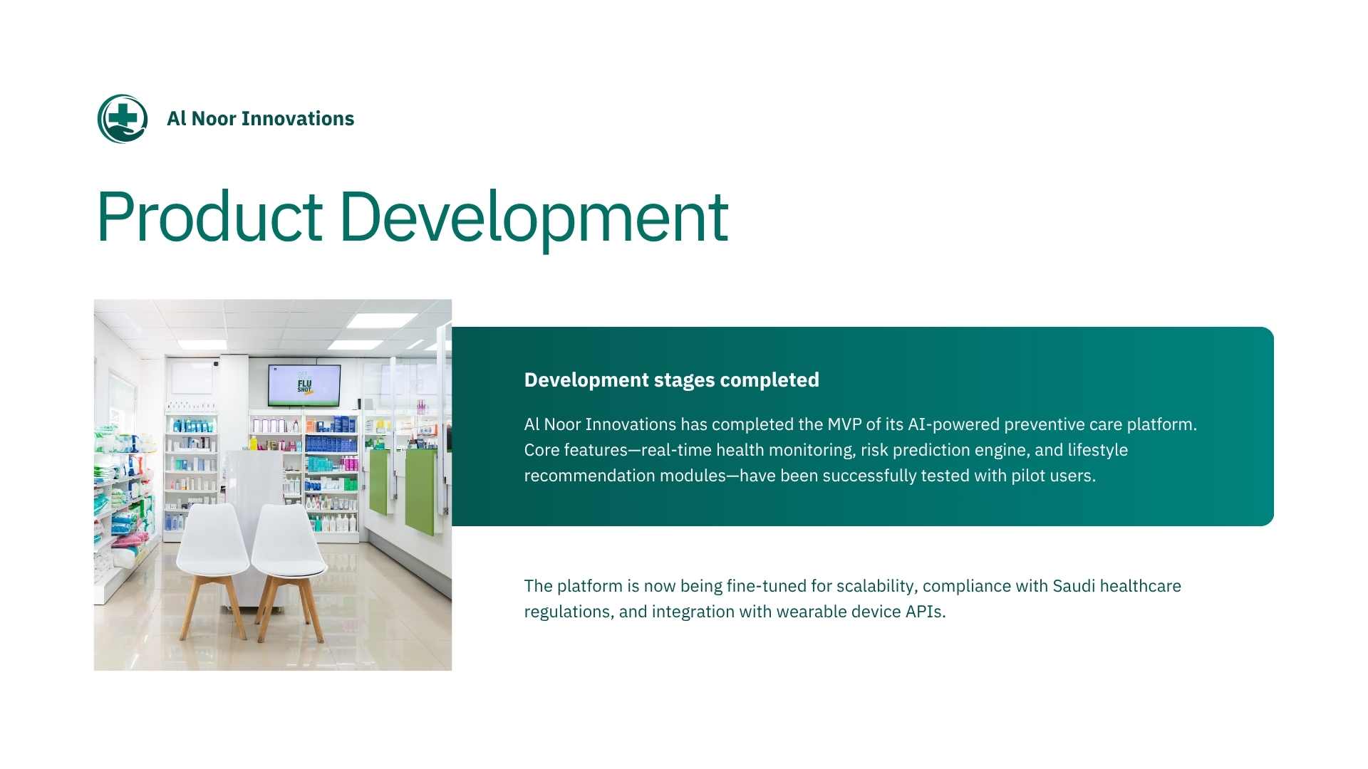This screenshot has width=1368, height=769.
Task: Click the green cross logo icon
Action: point(123,119)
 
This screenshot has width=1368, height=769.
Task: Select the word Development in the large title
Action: point(534,218)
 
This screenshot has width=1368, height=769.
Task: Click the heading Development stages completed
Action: point(671,380)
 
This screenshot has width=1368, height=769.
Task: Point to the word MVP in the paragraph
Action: point(844,424)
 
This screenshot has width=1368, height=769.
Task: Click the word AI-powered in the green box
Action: point(953,425)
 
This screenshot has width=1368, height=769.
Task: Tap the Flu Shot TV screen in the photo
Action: point(304,385)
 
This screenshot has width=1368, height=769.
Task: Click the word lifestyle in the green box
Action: point(1097,451)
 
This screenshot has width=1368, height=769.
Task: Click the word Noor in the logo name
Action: point(214,118)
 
